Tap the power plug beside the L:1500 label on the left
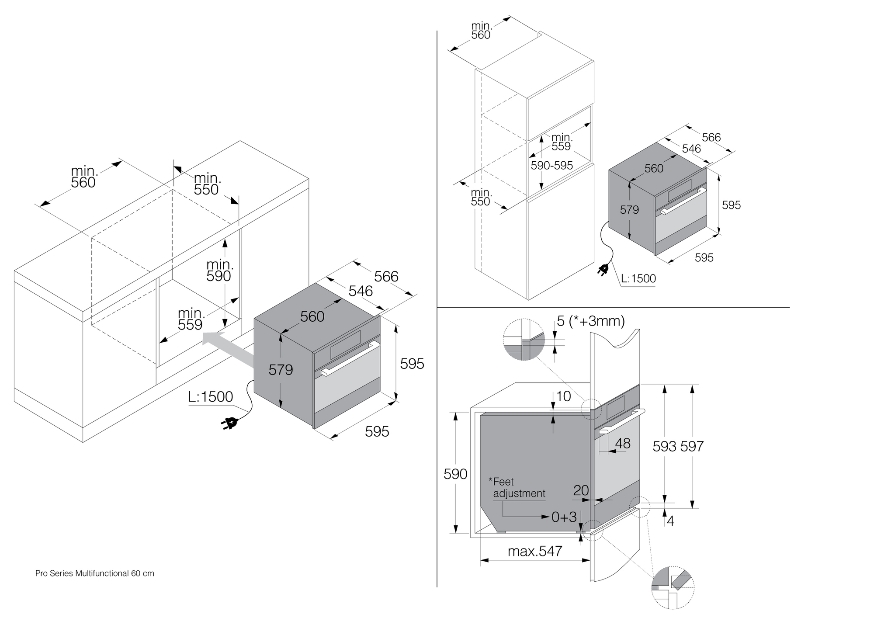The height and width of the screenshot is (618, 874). click(230, 423)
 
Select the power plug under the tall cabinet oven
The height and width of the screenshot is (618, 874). click(603, 270)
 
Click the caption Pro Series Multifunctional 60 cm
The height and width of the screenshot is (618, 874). click(95, 573)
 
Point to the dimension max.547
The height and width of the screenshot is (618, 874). click(535, 551)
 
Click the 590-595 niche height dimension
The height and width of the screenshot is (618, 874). click(551, 166)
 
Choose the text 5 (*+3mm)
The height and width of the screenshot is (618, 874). click(590, 321)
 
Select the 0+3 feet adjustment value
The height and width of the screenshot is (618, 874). click(564, 517)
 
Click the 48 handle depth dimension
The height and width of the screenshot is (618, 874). click(623, 443)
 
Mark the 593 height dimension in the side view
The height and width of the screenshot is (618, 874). click(664, 446)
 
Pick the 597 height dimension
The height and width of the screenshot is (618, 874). click(691, 446)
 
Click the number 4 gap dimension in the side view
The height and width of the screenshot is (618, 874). click(670, 521)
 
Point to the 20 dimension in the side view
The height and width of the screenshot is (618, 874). click(581, 490)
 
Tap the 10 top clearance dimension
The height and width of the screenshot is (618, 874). click(564, 396)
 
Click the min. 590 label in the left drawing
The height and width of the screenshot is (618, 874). click(219, 270)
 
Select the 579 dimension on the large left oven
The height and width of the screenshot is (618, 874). click(281, 370)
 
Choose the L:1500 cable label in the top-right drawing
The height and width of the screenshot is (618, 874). click(638, 278)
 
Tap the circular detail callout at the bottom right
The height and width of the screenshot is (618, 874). click(673, 588)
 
